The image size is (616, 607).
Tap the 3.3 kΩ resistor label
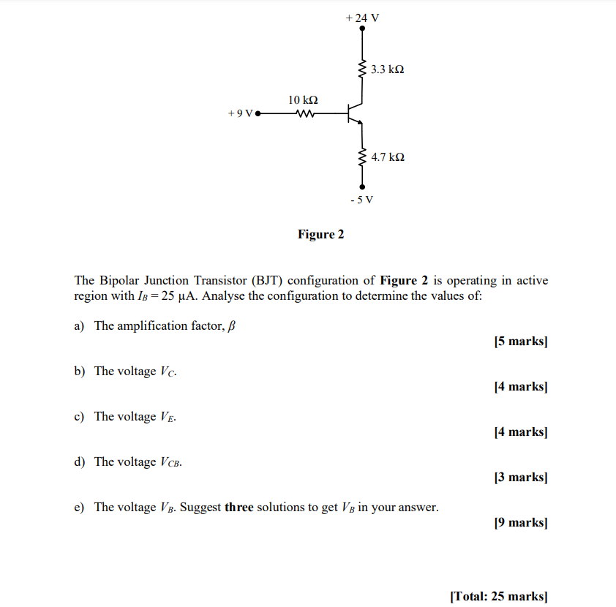coord(387,70)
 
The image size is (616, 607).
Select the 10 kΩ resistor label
coord(303,99)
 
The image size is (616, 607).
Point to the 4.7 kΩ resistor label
coord(388,157)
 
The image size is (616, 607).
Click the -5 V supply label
coord(361,200)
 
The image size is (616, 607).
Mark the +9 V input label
coord(240,114)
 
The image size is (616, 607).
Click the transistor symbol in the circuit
coord(355,114)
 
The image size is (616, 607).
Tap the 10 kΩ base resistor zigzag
coord(304,114)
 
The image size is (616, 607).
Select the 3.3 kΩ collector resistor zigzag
coord(361,70)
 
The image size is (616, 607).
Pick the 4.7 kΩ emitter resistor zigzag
coord(361,157)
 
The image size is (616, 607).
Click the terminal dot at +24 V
coord(361,30)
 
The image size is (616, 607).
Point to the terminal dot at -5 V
coord(361,187)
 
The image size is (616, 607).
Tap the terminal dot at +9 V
coord(258,114)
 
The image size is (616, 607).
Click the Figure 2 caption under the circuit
coord(320,235)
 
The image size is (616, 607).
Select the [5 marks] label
coord(520,342)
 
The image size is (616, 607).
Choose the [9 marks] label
coord(520,523)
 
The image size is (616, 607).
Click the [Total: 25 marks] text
coord(498,596)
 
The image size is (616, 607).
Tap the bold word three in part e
coord(239,508)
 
